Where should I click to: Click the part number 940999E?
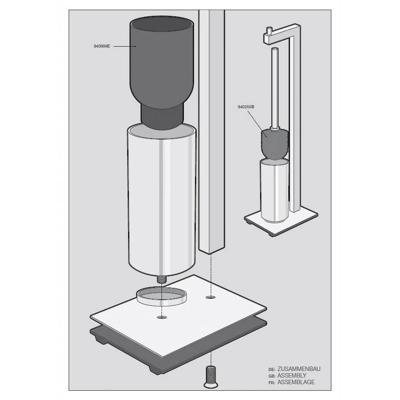(x=102, y=46)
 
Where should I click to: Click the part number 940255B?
(x=246, y=107)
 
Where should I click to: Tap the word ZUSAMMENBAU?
(x=299, y=369)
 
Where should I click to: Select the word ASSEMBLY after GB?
(x=292, y=375)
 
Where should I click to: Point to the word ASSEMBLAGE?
(x=296, y=382)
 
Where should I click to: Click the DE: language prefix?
(x=272, y=369)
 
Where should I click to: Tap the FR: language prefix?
(x=272, y=383)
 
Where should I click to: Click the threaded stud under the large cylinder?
(x=162, y=279)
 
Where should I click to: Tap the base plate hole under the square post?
(x=210, y=297)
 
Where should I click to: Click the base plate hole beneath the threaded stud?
(x=162, y=317)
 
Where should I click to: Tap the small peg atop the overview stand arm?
(x=268, y=31)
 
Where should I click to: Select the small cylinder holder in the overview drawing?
(x=275, y=190)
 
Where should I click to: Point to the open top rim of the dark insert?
(x=162, y=25)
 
